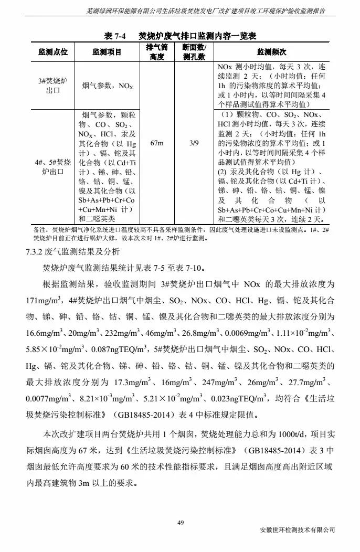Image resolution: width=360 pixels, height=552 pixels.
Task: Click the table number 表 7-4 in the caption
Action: tap(115, 36)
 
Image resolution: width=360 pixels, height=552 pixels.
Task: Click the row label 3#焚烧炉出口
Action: tap(53, 86)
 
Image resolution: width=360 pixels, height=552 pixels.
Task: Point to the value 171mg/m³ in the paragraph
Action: tap(44, 301)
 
